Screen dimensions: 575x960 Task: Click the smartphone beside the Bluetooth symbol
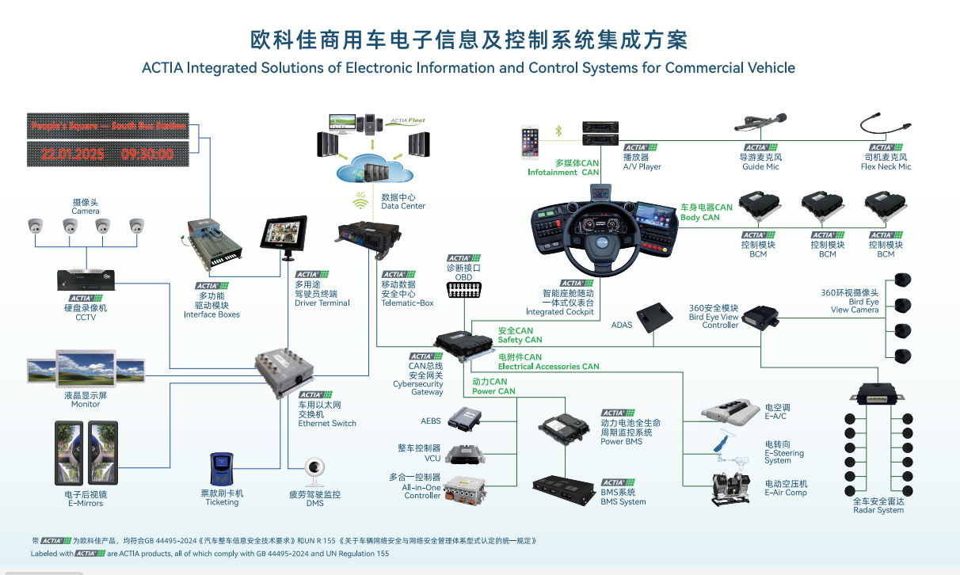[530, 143]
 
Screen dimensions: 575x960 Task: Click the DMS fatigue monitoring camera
[314, 473]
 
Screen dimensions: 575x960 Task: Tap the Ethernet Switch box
[284, 372]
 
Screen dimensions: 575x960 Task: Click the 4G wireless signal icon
[361, 203]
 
